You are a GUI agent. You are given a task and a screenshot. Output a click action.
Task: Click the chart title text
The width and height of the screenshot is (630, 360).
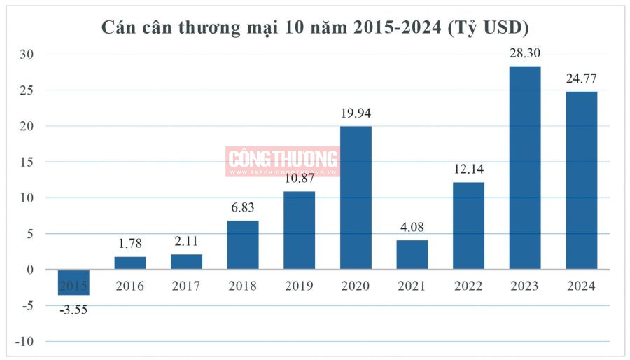pos(315,27)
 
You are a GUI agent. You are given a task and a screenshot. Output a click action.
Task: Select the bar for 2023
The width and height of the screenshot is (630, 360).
pos(524,167)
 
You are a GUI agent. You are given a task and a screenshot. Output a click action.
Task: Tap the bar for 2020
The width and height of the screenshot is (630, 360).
pos(356,198)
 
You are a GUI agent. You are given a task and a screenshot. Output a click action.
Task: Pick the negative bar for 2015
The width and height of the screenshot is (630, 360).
pos(73,282)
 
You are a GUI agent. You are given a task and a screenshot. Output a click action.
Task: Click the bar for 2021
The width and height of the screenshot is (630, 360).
pos(412,255)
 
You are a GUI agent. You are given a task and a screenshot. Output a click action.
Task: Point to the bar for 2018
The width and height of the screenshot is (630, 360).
pos(243,245)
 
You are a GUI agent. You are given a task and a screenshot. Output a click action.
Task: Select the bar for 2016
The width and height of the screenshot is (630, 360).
pos(130,263)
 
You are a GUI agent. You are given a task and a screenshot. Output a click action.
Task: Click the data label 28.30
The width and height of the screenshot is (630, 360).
pos(525,53)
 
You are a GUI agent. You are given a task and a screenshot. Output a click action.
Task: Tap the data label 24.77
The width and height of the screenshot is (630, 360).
pos(581,78)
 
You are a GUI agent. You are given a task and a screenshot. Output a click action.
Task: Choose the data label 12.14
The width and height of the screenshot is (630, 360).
pos(468,169)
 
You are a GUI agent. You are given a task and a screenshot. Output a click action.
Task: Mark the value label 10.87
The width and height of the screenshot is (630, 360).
pos(299,179)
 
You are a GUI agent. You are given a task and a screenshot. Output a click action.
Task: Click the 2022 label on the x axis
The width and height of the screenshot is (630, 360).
pos(468,286)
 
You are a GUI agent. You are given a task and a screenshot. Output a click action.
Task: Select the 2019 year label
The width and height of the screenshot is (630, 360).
pos(299,286)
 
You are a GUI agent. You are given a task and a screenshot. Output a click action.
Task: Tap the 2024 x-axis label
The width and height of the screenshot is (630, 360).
pos(581,286)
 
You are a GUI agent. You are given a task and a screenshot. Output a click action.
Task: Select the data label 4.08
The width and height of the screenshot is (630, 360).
pos(412,228)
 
